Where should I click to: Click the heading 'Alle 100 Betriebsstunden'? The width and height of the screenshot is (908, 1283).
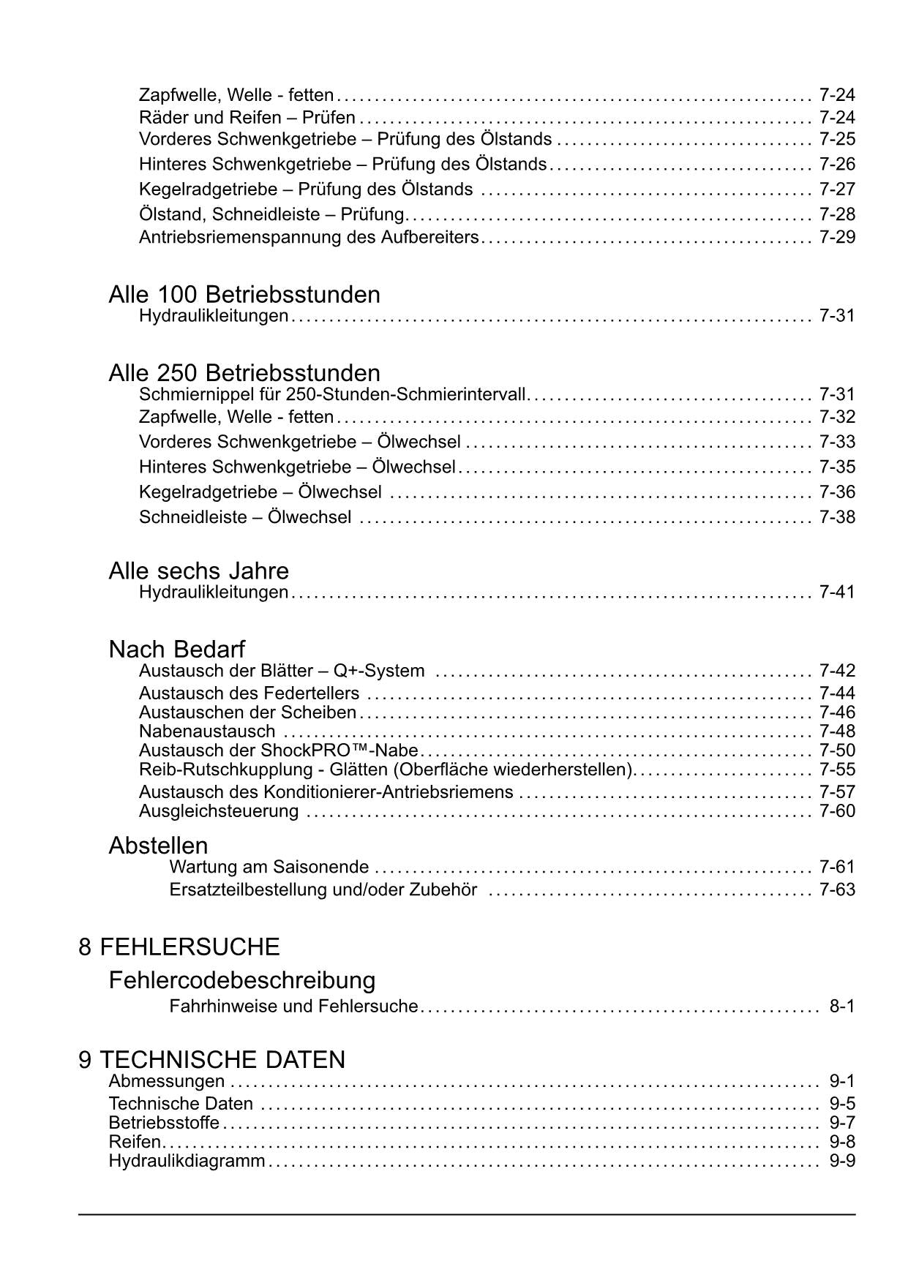244,295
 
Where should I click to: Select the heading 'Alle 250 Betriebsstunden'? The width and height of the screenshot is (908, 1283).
244,373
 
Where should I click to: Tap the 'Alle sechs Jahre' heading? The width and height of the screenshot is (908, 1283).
198,571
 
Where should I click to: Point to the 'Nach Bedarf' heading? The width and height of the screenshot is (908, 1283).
176,649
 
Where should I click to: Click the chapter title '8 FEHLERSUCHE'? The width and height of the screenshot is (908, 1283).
179,947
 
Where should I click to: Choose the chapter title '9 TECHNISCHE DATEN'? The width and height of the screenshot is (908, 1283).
211,1060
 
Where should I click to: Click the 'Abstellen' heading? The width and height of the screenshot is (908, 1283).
158,846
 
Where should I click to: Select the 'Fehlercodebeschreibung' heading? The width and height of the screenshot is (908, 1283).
241,980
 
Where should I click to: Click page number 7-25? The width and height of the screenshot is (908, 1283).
837,139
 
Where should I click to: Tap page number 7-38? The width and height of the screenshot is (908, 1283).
837,517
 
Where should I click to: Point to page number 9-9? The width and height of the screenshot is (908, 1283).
841,1161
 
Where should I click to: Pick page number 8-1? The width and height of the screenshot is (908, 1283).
841,1007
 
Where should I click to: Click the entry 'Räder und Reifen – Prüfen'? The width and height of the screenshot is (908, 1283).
247,118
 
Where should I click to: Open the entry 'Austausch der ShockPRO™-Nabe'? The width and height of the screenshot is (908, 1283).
279,750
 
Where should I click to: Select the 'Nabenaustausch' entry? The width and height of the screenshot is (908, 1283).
207,731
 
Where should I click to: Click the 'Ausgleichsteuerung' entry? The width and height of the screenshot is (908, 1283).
219,811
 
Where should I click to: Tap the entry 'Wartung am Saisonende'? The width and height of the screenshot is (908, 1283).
269,868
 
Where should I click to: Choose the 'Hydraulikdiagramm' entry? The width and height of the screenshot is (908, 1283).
187,1161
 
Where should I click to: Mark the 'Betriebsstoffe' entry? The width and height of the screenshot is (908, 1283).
164,1123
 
